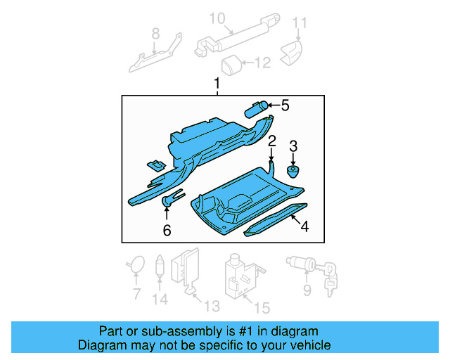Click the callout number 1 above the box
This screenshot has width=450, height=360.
[x=217, y=84]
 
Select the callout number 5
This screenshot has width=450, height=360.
[x=284, y=105]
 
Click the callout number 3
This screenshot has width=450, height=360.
[x=294, y=146]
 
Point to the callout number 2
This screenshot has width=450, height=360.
[x=271, y=141]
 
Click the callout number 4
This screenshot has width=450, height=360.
[x=304, y=226]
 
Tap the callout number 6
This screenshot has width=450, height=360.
[x=167, y=230]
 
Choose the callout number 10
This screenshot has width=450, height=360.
[x=217, y=18]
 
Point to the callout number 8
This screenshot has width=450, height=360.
[x=155, y=32]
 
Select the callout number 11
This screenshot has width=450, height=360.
[x=300, y=23]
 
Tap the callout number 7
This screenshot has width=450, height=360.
[x=136, y=295]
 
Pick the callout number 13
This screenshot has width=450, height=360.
[x=212, y=306]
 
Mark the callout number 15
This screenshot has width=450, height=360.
[x=261, y=307]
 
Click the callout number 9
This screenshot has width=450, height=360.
[x=306, y=290]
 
